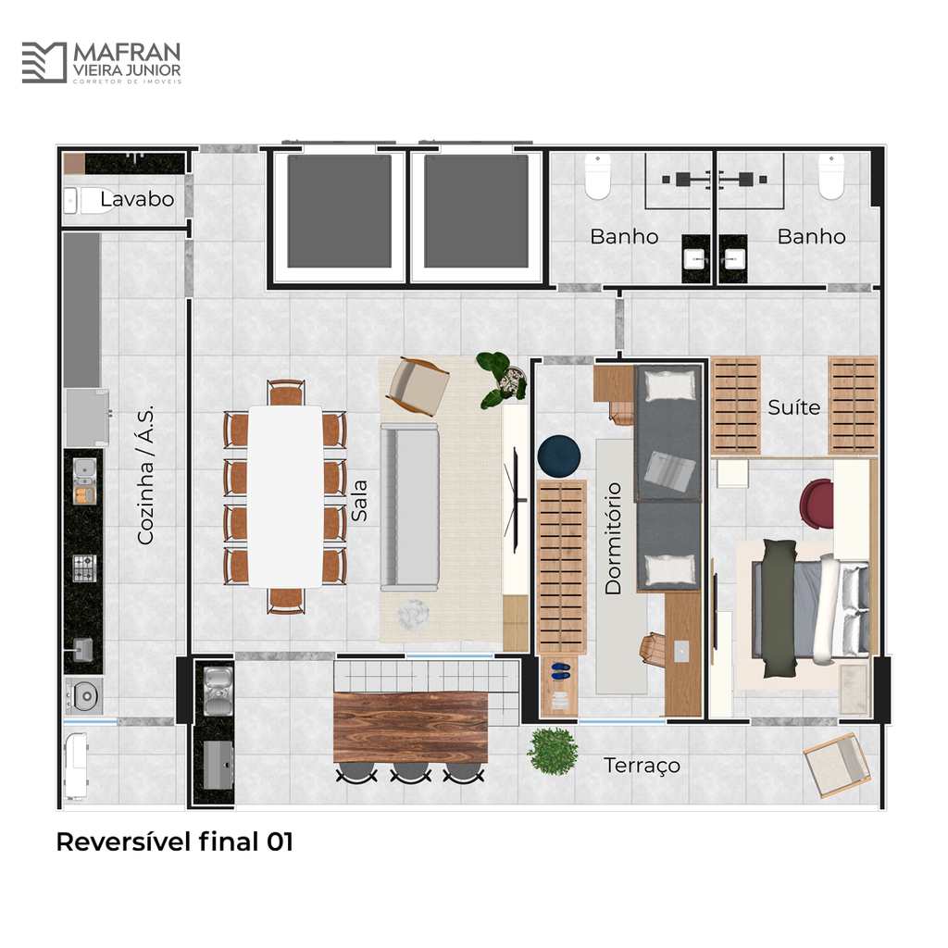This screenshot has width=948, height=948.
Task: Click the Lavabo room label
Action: pos(137,199)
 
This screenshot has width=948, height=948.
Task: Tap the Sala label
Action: pos(359,501)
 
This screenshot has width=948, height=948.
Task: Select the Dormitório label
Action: pos(613,538)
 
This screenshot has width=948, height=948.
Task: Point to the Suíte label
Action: pos(793,407)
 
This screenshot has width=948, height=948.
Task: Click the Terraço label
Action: pos(642,766)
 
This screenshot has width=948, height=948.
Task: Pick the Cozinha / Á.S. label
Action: pos(145,475)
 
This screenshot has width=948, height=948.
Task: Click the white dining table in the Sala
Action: pos(286,496)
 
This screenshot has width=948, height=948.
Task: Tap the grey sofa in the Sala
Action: pos(409,506)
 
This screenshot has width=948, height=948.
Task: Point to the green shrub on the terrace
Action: pos(552,751)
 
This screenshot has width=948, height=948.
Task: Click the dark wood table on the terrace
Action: pos(410,728)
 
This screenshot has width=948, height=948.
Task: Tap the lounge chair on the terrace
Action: pos(837,765)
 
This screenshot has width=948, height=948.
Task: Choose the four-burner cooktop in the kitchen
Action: pos(84,568)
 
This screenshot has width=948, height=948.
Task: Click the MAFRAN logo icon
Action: pos(44,62)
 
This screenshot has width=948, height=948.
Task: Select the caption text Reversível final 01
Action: pos(175,842)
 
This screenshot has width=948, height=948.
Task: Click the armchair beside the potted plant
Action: pos(418,386)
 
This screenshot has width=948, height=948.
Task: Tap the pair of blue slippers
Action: pos(560,669)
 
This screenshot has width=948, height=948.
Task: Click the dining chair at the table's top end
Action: pos(286,392)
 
